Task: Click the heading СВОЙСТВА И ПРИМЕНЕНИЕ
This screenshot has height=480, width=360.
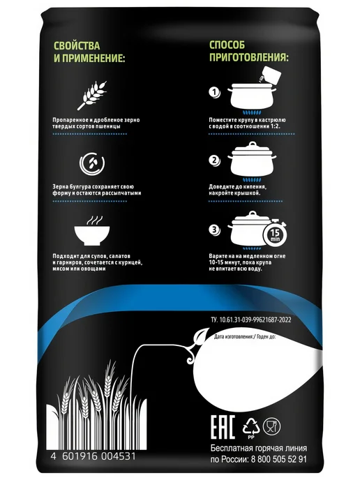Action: tap(89, 52)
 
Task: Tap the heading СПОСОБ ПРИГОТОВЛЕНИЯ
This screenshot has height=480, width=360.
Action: tap(249, 51)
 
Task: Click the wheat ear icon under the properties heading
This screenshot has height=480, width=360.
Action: tap(92, 95)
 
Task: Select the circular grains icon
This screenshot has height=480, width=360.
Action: tap(92, 163)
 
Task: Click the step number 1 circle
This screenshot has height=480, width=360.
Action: tap(215, 92)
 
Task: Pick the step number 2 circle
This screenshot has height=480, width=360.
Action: tap(215, 160)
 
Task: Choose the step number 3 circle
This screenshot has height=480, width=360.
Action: tap(215, 230)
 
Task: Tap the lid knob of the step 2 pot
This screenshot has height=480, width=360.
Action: tap(253, 144)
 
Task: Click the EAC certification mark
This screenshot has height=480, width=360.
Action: tap(223, 427)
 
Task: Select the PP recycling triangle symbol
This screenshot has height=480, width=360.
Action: tap(251, 427)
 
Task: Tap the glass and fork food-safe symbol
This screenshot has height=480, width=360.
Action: tap(271, 426)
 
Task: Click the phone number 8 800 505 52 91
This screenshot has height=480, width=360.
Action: tap(278, 459)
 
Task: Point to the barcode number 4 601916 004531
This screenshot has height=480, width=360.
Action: tap(93, 456)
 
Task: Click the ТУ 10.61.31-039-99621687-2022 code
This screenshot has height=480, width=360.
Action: tap(251, 320)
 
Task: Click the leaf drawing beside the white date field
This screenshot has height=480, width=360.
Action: tap(201, 336)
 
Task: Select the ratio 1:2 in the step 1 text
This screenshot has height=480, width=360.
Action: tap(276, 126)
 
